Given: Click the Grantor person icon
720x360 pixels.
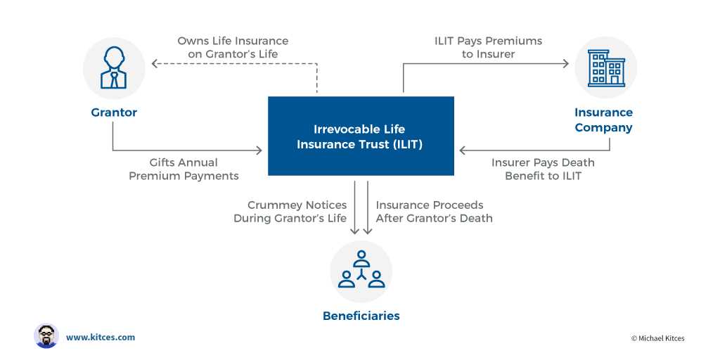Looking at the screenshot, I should pyautogui.click(x=113, y=67).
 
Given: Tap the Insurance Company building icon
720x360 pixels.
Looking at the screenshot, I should pyautogui.click(x=605, y=67).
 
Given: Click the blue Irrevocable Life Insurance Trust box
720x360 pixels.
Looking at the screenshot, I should pyautogui.click(x=361, y=136).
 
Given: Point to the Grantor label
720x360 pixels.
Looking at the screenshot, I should pyautogui.click(x=114, y=112).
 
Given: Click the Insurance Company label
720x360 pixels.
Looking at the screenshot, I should pyautogui.click(x=603, y=120).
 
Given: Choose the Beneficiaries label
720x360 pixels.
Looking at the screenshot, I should pyautogui.click(x=361, y=316).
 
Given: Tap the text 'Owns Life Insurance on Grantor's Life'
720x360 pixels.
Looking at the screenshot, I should pyautogui.click(x=233, y=48).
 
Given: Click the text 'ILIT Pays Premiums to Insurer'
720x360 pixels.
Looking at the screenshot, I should pyautogui.click(x=488, y=48).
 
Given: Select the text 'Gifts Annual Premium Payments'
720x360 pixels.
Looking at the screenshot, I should pyautogui.click(x=184, y=169).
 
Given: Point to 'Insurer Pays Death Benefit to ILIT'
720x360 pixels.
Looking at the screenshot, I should pyautogui.click(x=543, y=169).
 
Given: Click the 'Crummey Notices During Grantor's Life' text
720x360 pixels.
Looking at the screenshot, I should pyautogui.click(x=290, y=212).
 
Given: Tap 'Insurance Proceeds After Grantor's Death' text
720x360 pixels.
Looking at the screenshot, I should pyautogui.click(x=434, y=212).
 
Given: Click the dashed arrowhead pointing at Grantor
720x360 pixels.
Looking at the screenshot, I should pyautogui.click(x=156, y=63).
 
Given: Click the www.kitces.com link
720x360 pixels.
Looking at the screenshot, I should pyautogui.click(x=101, y=337).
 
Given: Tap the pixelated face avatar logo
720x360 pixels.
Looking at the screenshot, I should pyautogui.click(x=46, y=336).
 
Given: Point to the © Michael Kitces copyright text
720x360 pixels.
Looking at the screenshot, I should pyautogui.click(x=657, y=338).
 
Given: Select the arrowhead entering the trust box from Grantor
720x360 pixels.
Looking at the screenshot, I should pyautogui.click(x=259, y=150).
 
